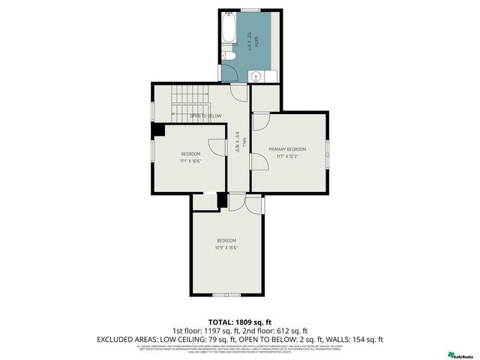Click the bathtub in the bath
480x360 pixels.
(x=228, y=32)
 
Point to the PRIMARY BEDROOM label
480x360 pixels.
(x=288, y=149)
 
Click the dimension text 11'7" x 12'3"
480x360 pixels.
(x=288, y=157)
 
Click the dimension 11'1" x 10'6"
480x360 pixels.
(x=190, y=161)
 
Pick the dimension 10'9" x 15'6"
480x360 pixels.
(x=226, y=247)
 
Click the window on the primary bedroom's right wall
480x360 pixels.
(x=327, y=152)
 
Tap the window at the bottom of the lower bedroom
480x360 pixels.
(x=222, y=294)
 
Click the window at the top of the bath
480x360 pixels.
(x=250, y=10)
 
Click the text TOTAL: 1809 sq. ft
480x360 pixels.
(x=240, y=320)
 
